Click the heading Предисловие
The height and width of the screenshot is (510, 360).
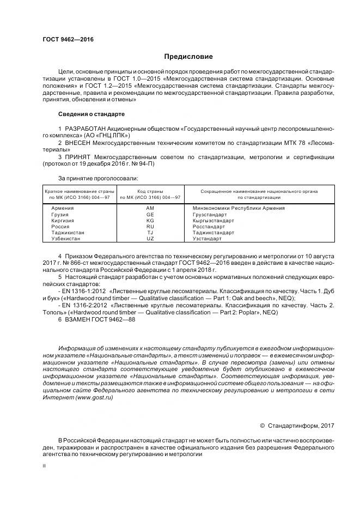pyautogui.click(x=189, y=57)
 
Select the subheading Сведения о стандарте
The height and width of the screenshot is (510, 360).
pyautogui.click(x=91, y=114)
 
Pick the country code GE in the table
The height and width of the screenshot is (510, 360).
pyautogui.click(x=150, y=215)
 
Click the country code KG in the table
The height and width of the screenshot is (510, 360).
pyautogui.click(x=150, y=221)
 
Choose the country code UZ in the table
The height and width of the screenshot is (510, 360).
pyautogui.click(x=150, y=239)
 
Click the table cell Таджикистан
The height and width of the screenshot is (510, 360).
pyautogui.click(x=67, y=233)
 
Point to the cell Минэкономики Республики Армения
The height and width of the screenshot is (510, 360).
pyautogui.click(x=239, y=208)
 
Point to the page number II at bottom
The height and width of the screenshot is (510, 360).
pyautogui.click(x=44, y=466)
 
